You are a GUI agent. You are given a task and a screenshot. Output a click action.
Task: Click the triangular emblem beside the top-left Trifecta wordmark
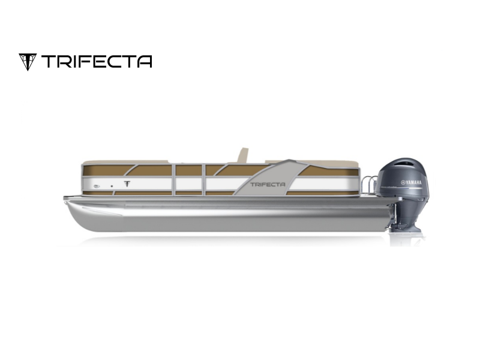tap(28, 62)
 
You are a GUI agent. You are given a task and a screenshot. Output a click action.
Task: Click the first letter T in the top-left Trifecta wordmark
tap(48, 61)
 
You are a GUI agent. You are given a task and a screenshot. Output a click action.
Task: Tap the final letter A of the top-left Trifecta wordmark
tap(145, 61)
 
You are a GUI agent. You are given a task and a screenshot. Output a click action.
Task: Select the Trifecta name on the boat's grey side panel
tap(268, 184)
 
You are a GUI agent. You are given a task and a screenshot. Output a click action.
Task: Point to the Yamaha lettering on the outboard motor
tap(411, 183)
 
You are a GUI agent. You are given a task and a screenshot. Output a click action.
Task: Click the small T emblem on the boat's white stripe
tap(127, 184)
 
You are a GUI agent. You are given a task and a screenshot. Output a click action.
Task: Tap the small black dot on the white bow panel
tap(112, 186)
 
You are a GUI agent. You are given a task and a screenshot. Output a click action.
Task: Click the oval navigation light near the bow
tap(97, 186)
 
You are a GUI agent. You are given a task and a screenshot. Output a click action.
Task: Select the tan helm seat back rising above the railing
tap(242, 155)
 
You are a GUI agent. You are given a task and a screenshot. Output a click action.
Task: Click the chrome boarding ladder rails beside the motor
tap(368, 185)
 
